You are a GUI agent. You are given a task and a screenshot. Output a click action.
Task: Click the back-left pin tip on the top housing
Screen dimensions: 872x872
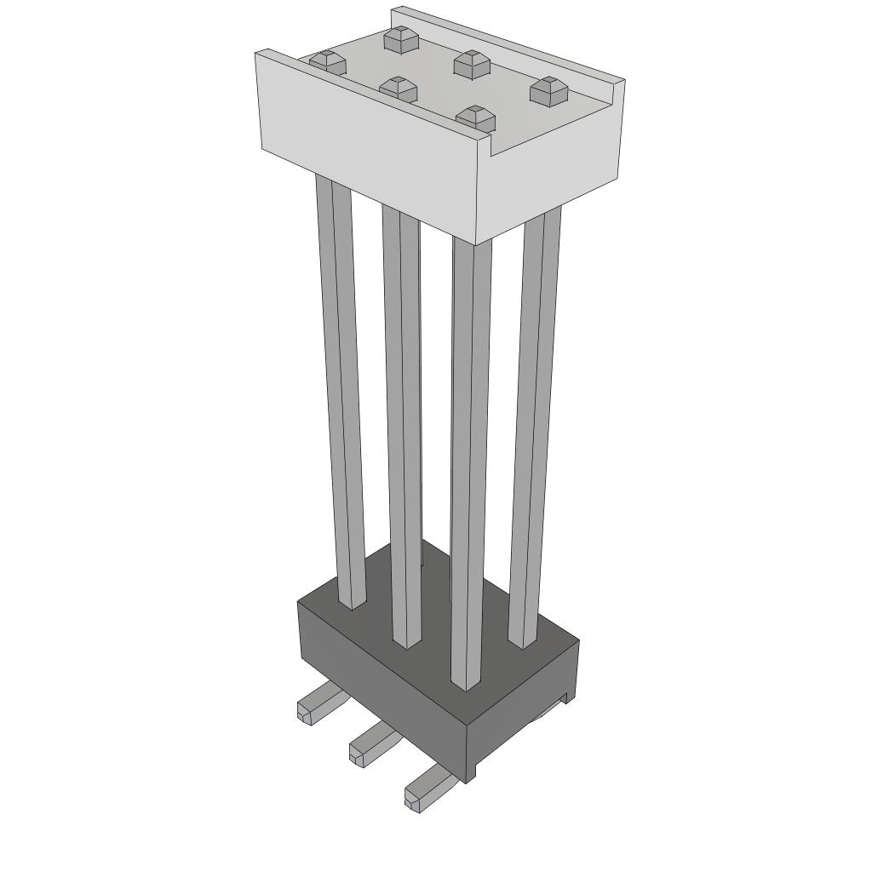(398, 38)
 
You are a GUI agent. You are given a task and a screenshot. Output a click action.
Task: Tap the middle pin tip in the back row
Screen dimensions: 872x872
(470, 62)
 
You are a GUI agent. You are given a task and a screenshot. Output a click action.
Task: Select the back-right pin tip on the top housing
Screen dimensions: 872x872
(548, 89)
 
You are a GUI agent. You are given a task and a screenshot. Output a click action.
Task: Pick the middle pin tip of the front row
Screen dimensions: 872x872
(398, 88)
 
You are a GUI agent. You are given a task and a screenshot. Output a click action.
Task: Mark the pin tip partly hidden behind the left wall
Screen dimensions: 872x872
(327, 61)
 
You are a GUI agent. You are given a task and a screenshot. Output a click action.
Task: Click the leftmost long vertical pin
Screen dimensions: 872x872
(341, 383)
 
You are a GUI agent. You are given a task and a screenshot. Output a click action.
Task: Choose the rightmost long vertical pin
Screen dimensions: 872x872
(535, 426)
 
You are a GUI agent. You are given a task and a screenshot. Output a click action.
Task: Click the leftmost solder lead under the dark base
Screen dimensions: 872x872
(318, 706)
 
